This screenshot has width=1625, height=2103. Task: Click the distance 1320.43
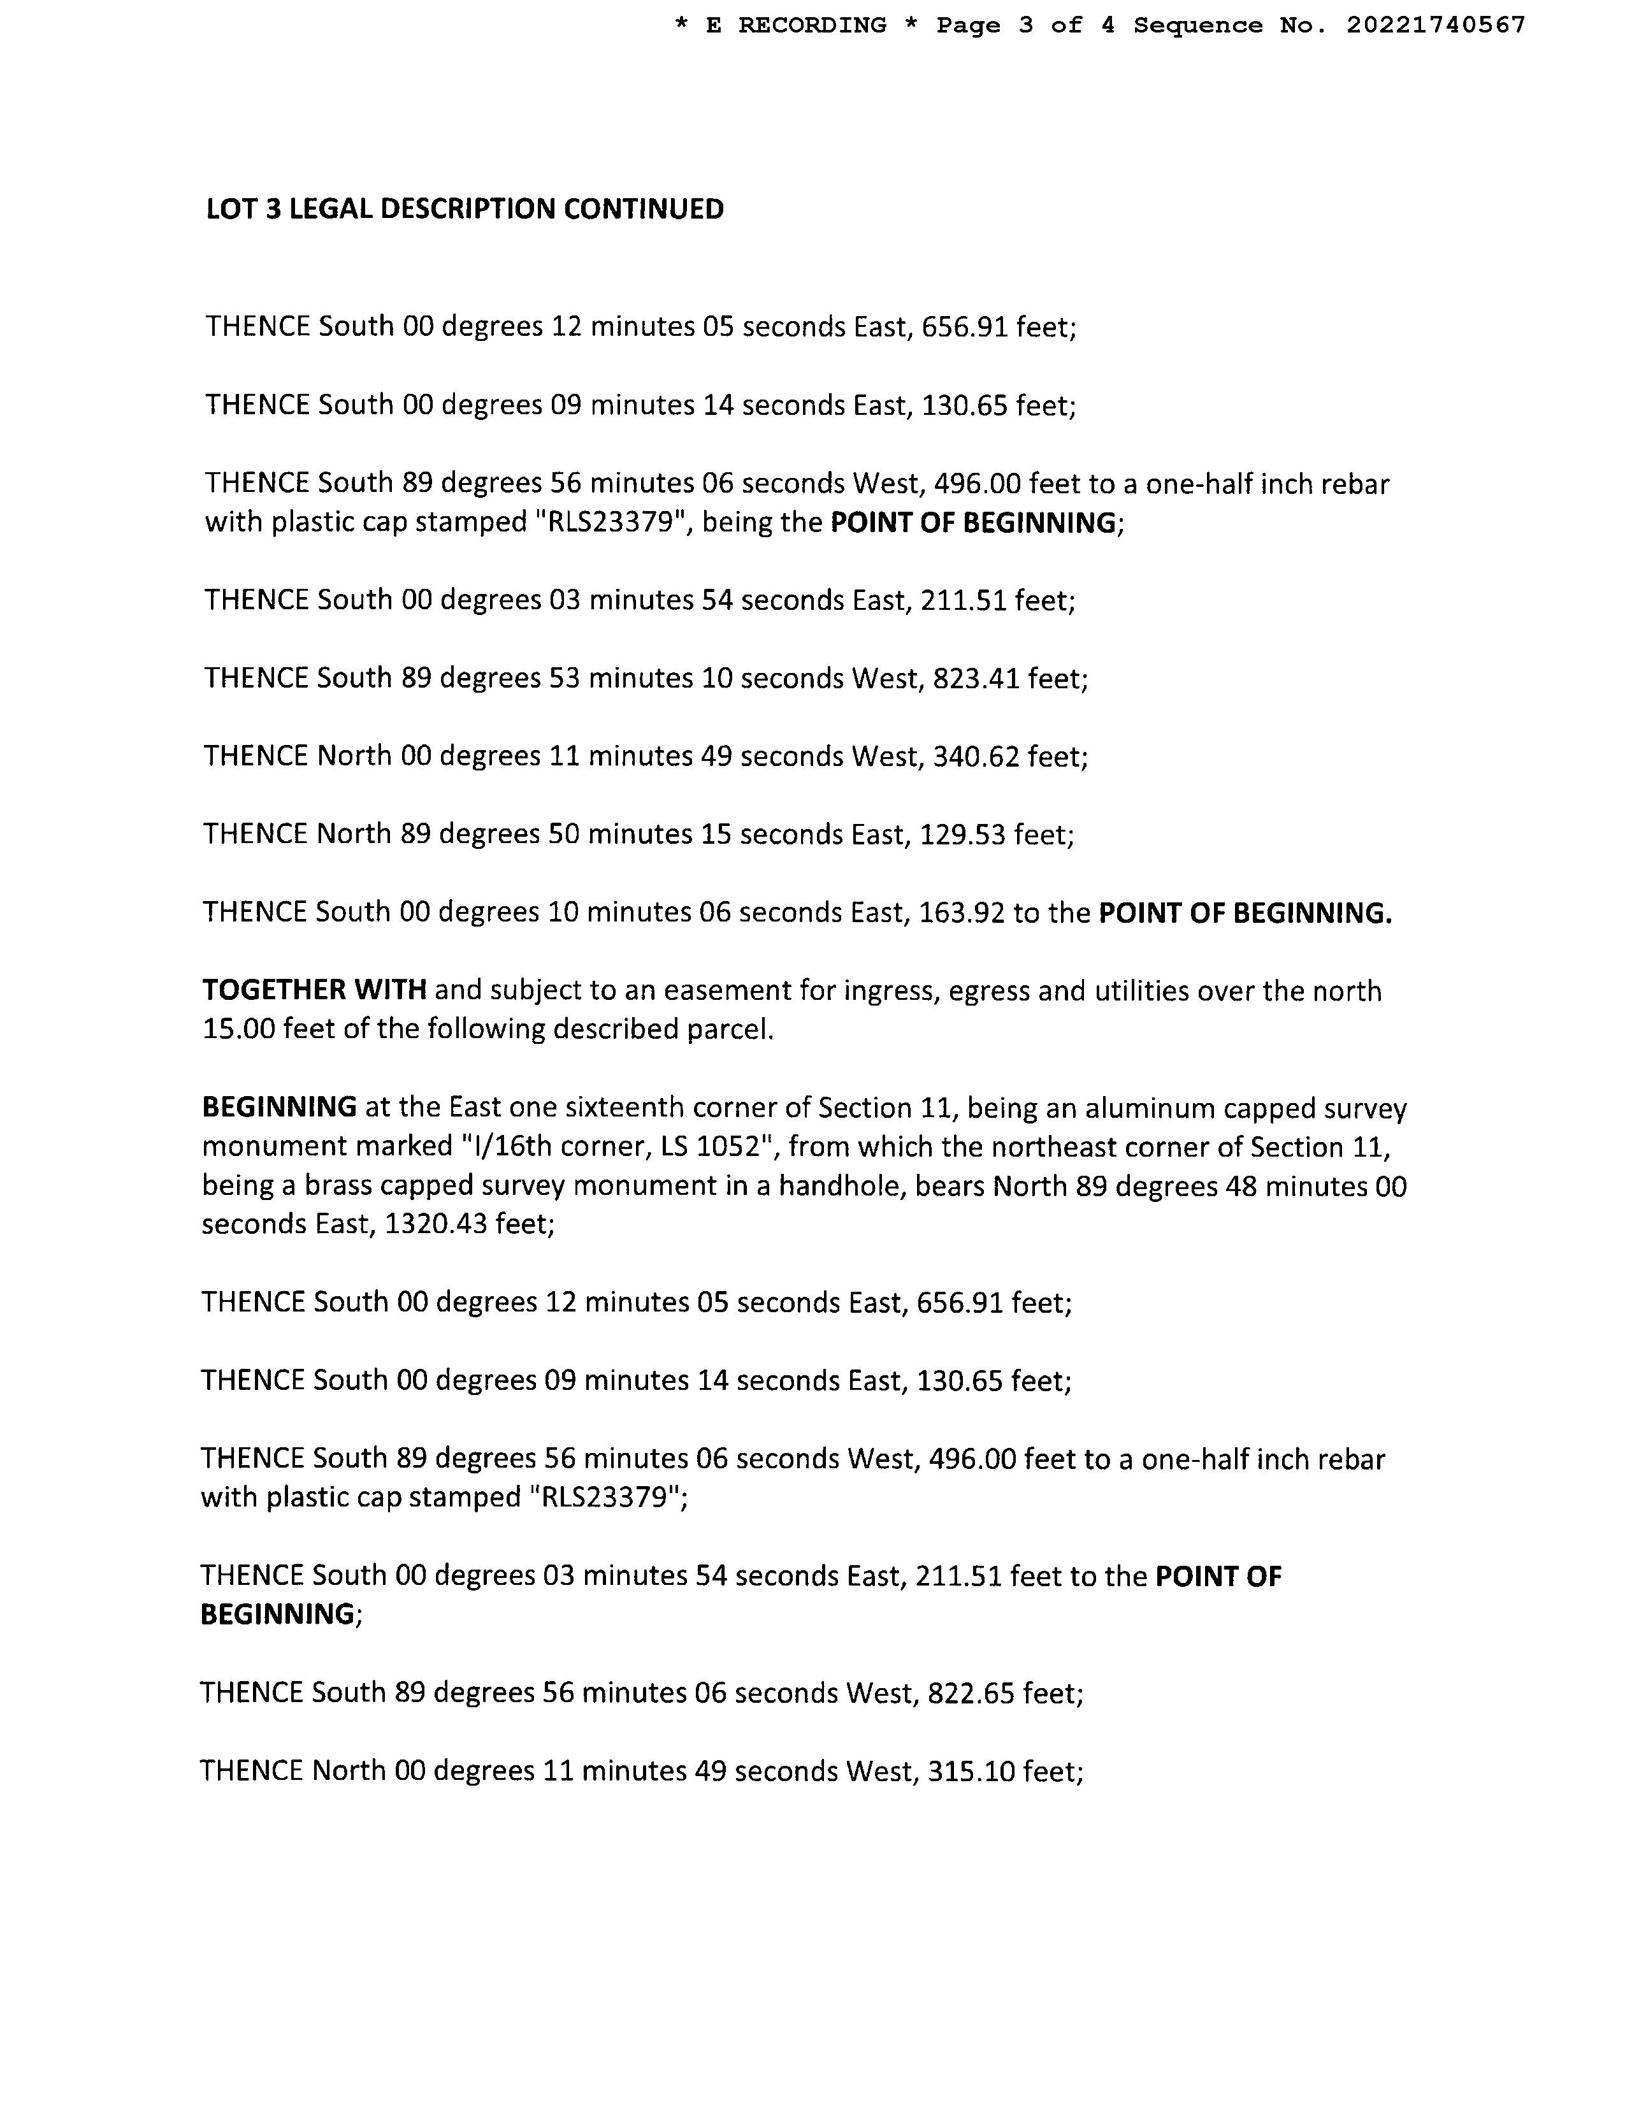pos(435,1225)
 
